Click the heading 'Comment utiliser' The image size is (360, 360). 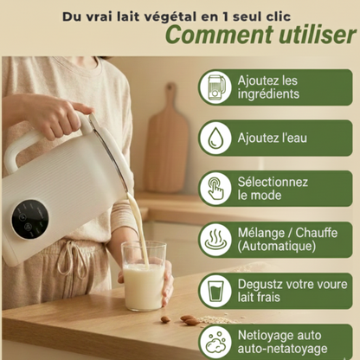coord(260,35)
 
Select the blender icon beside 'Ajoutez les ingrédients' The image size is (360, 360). coord(215,87)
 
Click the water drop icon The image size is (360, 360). coord(215,137)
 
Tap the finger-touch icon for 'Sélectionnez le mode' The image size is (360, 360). coord(215,188)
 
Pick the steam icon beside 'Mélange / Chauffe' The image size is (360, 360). coord(215,239)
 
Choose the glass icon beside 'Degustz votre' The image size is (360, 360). coord(215,290)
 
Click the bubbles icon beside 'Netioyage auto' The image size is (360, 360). coord(215,340)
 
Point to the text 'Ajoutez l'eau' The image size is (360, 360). coord(271,138)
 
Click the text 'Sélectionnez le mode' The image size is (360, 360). coord(273,188)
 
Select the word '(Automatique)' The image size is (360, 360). coord(276,247)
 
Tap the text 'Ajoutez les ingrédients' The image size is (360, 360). coord(267,87)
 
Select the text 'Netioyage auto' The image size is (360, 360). coord(280,333)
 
